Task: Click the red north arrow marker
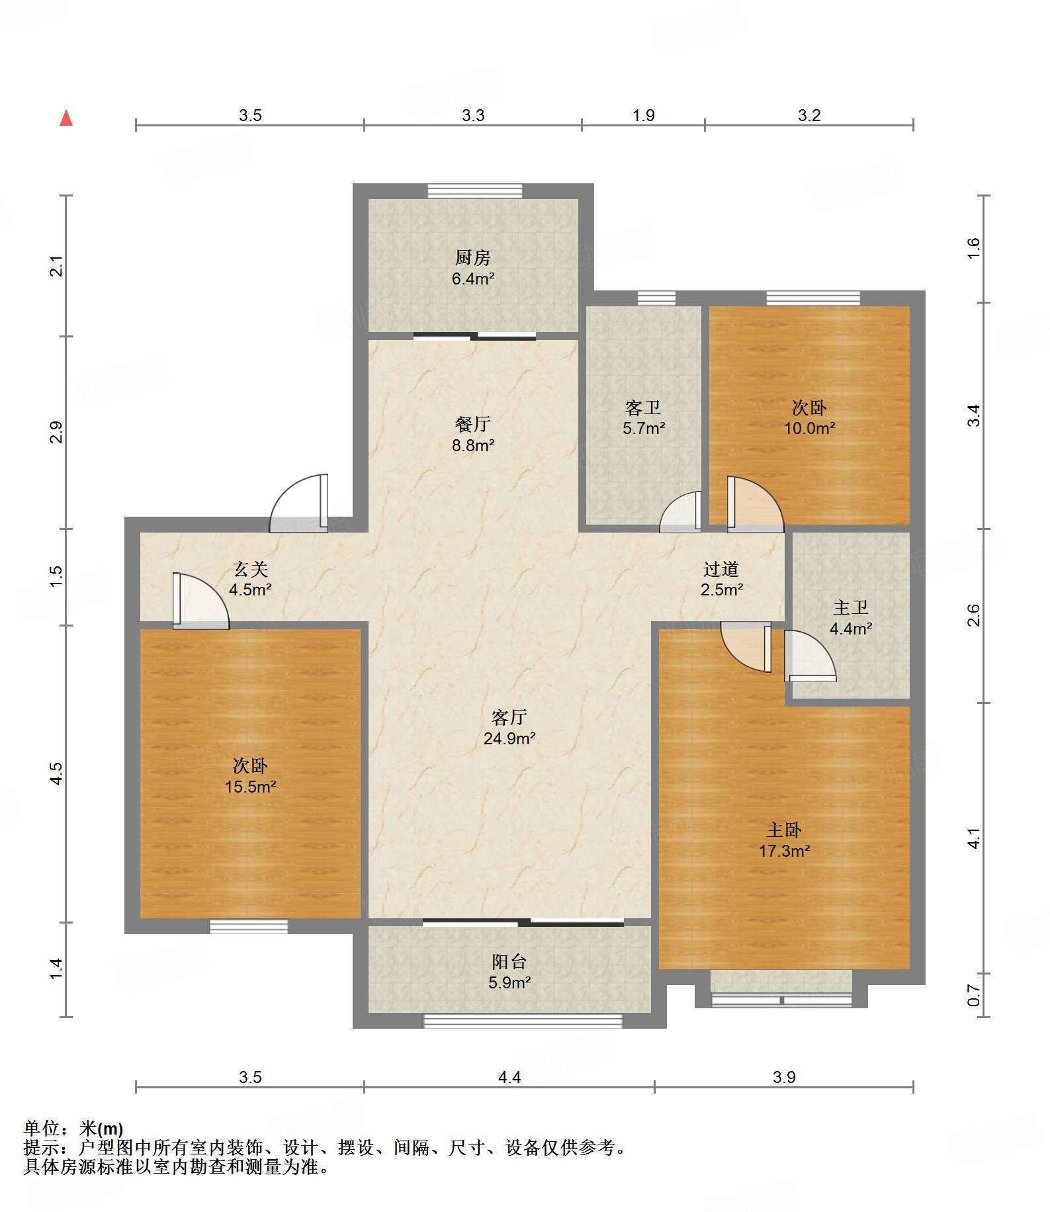point(66,118)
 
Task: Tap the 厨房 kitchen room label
point(473,257)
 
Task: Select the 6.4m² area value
point(473,279)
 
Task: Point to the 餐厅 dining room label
point(473,424)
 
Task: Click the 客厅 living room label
point(509,717)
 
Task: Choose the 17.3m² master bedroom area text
point(785,851)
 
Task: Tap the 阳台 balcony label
point(509,962)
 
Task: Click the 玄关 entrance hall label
point(251,569)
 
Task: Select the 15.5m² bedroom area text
point(251,787)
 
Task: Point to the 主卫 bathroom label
point(851,607)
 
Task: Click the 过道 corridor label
point(721,569)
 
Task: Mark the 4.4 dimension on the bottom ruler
point(509,1078)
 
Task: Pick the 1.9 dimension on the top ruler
point(643,116)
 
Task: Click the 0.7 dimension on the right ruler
point(973,995)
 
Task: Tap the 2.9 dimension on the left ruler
point(57,432)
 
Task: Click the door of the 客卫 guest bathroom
point(681,512)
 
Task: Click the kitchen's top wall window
point(474,191)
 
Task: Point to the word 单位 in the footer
point(42,1128)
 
